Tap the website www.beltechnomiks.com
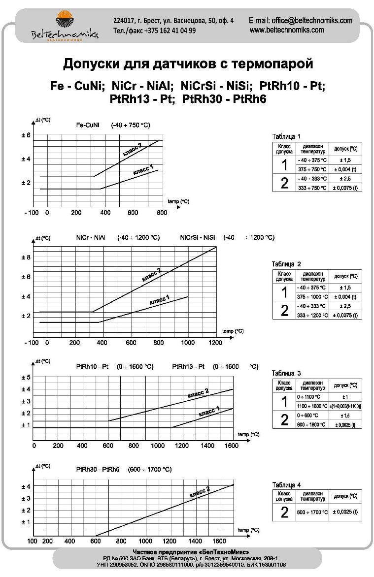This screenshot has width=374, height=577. [287, 30]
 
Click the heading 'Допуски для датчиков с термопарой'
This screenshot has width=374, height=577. [188, 64]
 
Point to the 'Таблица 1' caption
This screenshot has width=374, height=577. [286, 136]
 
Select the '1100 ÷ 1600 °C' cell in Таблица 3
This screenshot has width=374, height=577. [311, 406]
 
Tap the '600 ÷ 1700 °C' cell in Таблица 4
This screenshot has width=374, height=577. [311, 512]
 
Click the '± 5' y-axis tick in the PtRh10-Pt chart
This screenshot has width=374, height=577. [26, 378]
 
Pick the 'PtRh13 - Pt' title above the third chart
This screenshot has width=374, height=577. [188, 367]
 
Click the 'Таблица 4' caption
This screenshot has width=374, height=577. [286, 485]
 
